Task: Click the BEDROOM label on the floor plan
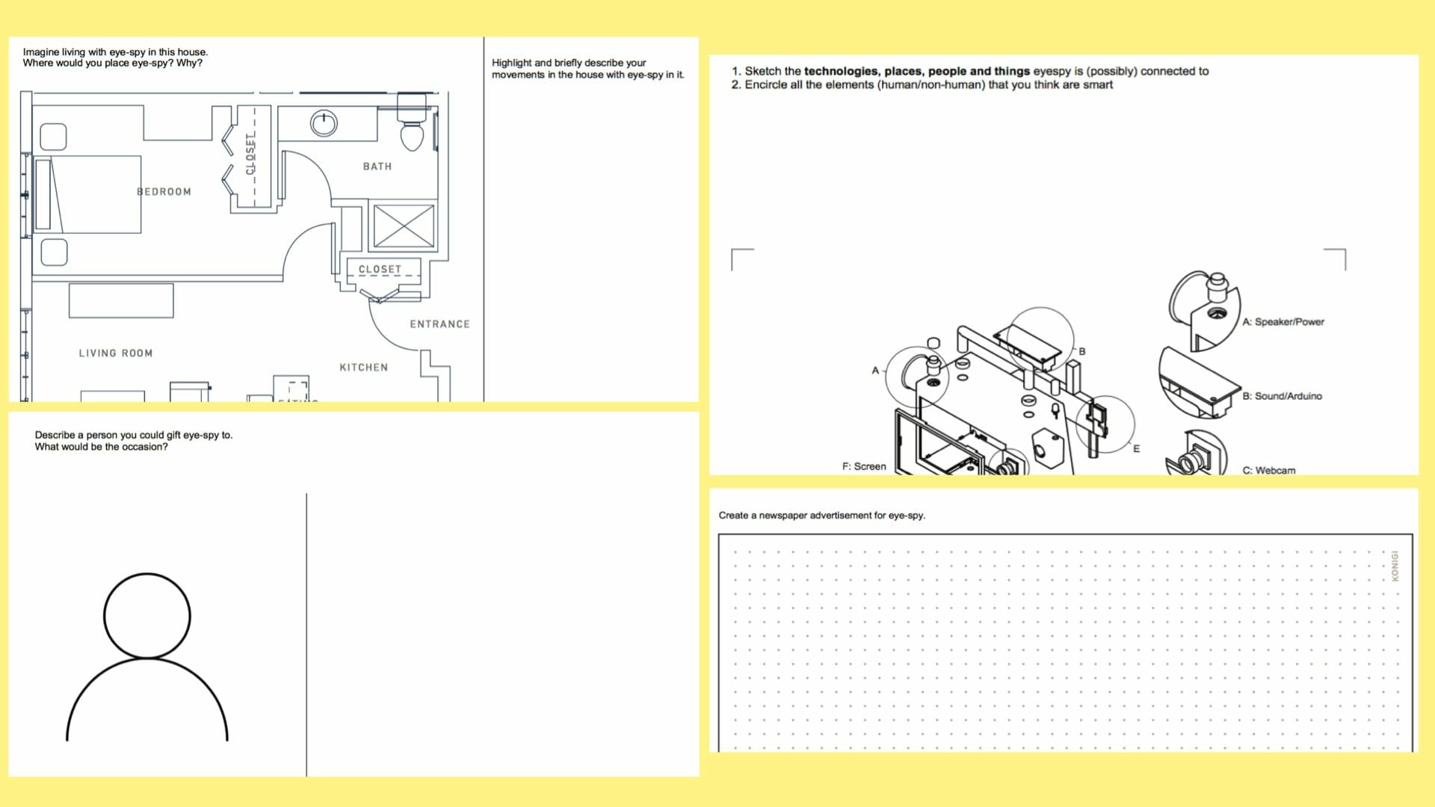pyautogui.click(x=164, y=192)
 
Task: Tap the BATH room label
pyautogui.click(x=377, y=167)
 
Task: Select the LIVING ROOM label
pyautogui.click(x=116, y=353)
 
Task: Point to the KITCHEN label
pyautogui.click(x=364, y=368)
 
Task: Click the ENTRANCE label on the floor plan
pyautogui.click(x=439, y=324)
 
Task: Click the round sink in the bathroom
pyautogui.click(x=324, y=123)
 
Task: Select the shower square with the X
pyautogui.click(x=404, y=226)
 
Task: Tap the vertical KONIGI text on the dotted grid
pyautogui.click(x=1395, y=566)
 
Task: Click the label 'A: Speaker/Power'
pyautogui.click(x=1283, y=322)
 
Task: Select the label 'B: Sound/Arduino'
pyautogui.click(x=1283, y=396)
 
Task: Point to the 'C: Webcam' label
pyautogui.click(x=1269, y=470)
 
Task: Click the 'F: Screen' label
pyautogui.click(x=864, y=466)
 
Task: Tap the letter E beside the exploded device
pyautogui.click(x=1136, y=449)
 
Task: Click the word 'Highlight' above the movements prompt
pyautogui.click(x=512, y=64)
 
